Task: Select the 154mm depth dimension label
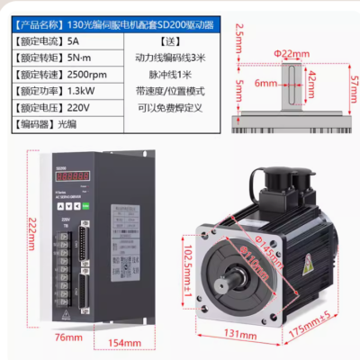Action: pos(125,344)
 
